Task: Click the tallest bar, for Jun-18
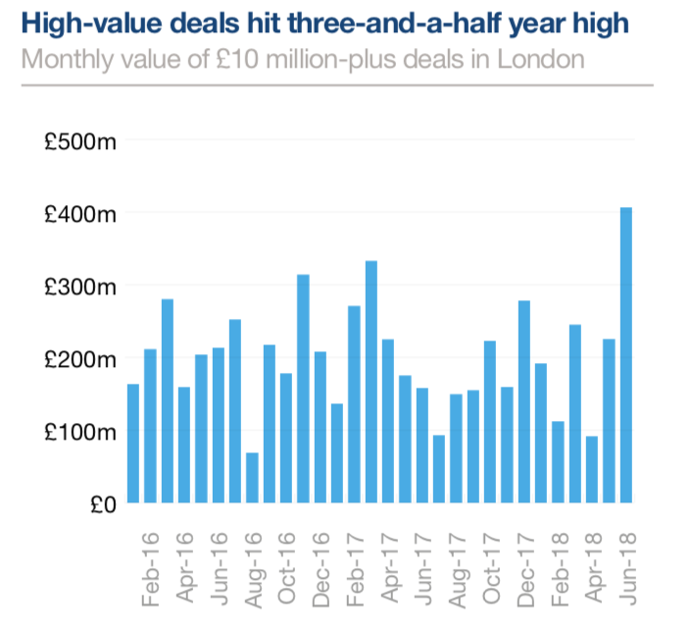[x=625, y=354]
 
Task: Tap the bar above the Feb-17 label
[x=354, y=403]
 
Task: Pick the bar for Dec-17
[x=524, y=401]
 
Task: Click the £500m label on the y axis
[x=79, y=141]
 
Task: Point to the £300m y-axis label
[x=79, y=287]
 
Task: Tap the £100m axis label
[x=79, y=432]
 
